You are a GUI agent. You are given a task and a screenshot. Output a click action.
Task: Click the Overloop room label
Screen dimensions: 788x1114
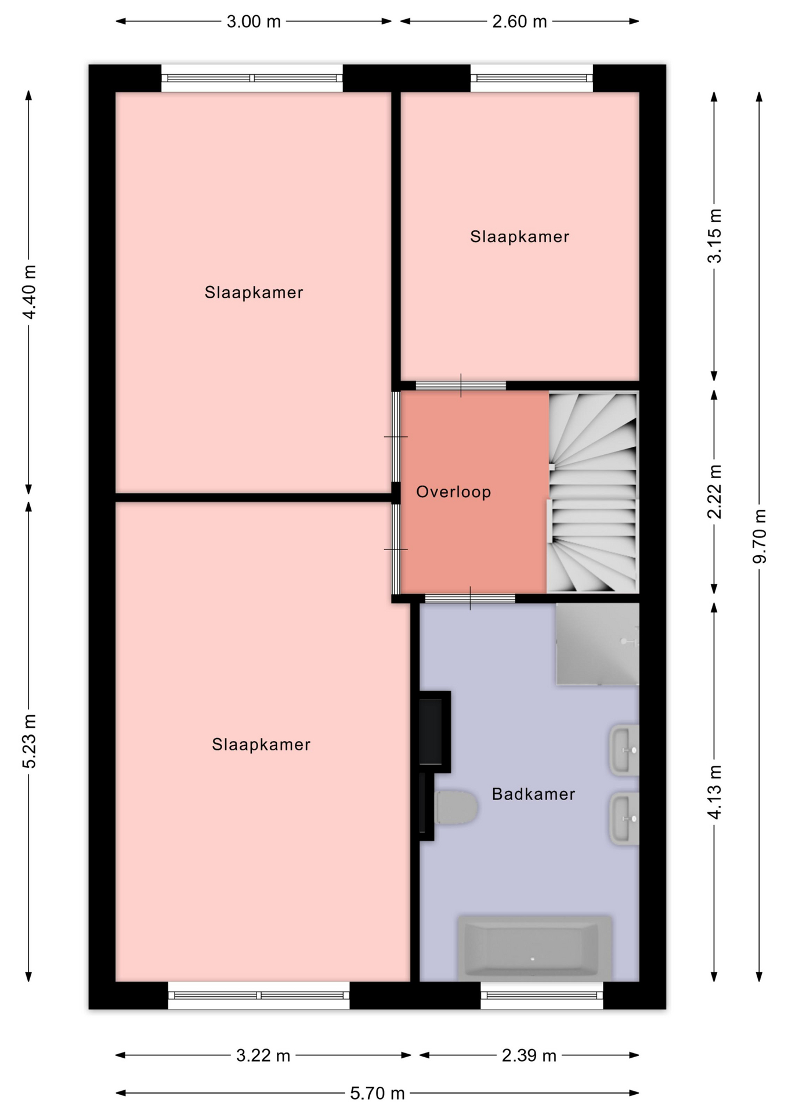[453, 492]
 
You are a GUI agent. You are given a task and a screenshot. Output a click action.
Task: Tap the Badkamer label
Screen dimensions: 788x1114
[533, 794]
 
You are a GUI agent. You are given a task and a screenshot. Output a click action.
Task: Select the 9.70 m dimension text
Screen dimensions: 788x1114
[760, 536]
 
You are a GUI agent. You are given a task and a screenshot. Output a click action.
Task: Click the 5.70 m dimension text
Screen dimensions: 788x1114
[377, 1093]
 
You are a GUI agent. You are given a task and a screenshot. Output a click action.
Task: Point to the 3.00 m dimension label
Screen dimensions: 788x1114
[254, 21]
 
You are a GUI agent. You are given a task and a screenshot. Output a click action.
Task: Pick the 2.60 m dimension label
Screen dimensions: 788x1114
[519, 21]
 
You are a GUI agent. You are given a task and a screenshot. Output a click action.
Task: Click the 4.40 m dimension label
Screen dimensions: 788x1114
[29, 291]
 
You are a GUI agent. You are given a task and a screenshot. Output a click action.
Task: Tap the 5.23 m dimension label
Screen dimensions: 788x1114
[29, 741]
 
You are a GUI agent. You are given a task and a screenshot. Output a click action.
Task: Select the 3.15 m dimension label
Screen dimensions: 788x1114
[715, 236]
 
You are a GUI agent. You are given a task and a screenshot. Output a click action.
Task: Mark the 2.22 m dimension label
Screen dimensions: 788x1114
[715, 491]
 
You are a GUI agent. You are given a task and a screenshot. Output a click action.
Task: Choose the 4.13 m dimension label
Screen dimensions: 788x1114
[715, 791]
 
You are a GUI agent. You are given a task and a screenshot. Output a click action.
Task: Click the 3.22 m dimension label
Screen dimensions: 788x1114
[263, 1055]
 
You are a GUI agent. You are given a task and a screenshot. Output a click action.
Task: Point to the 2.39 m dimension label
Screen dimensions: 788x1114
[529, 1055]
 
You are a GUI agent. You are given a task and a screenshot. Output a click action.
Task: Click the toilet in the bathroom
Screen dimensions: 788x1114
[456, 806]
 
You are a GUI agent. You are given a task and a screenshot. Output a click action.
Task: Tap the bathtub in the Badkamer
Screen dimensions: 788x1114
[534, 947]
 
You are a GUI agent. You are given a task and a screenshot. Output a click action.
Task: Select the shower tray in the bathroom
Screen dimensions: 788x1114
[597, 644]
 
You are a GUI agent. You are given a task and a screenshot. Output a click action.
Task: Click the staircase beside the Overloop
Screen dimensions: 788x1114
[592, 492]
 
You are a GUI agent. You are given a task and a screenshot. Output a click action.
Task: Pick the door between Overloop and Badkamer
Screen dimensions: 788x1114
[470, 598]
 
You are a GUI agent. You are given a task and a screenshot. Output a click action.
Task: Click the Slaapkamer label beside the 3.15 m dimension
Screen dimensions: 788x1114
[519, 236]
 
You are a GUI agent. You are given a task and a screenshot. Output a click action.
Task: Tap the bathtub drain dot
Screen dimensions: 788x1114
[533, 959]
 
